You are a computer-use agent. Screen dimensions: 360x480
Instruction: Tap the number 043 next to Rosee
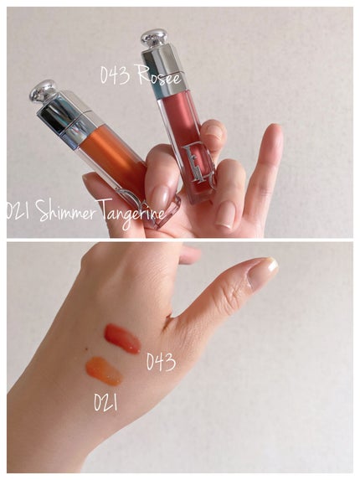coord(115,75)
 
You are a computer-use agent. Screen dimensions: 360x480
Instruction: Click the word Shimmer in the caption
coord(64,210)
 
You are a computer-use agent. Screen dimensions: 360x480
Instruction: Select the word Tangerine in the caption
coord(131,214)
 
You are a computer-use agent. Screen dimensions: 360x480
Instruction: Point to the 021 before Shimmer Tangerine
coord(18,209)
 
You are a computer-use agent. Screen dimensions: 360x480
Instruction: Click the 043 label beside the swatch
coord(161,362)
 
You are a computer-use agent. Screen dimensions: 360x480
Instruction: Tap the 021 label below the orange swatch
coord(105,402)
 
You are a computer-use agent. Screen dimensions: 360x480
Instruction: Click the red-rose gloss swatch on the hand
coord(122,338)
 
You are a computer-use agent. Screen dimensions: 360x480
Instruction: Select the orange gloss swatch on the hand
coord(105,371)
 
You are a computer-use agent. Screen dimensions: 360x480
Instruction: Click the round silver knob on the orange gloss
coord(43,90)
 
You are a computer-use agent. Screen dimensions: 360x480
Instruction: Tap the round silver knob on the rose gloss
coord(154,38)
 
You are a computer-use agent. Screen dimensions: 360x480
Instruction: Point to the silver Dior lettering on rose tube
coord(199,168)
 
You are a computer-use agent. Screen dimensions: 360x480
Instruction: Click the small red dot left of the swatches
coord(87,348)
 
